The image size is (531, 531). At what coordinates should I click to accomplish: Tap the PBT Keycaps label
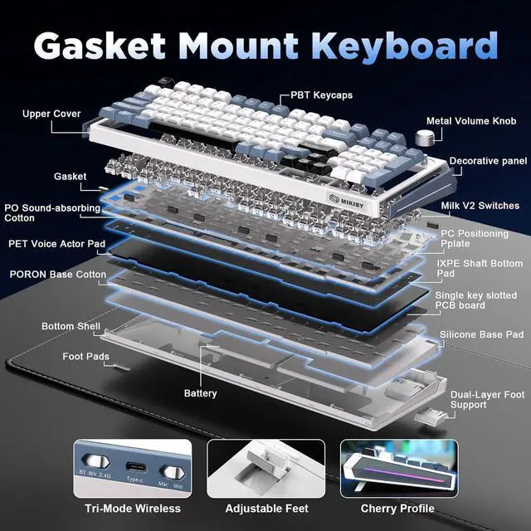pos(321,95)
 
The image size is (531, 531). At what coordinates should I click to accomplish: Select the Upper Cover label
pos(51,114)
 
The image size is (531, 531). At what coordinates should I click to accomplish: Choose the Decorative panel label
pos(488,161)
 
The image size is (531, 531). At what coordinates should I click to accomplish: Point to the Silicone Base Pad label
pos(481,334)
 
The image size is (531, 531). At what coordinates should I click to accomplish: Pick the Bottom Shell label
pos(71,327)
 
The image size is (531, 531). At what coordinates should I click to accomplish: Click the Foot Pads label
pos(85,357)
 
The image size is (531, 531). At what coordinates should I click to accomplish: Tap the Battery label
pos(201,393)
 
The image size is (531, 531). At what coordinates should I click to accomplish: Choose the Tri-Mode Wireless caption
pos(133,508)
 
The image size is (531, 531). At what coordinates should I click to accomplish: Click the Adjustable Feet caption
pos(266,508)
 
